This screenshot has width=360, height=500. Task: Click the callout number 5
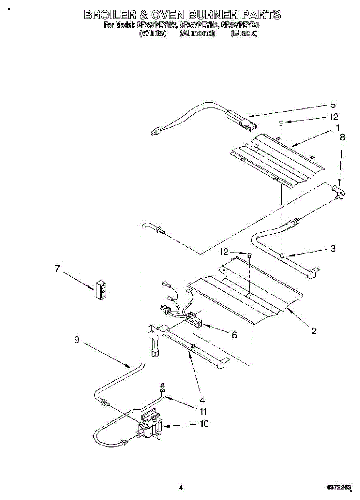333,105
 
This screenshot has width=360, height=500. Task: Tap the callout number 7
57,268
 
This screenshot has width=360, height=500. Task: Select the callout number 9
77,340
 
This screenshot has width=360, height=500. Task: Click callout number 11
203,412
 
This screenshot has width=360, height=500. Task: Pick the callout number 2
314,331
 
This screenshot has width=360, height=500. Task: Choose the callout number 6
235,335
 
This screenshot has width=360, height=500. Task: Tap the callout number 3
333,249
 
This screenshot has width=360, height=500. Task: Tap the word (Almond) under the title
197,33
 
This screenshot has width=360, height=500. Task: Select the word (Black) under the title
244,33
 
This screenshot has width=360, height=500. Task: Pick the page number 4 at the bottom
180,487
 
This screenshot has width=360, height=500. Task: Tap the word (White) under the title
152,33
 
